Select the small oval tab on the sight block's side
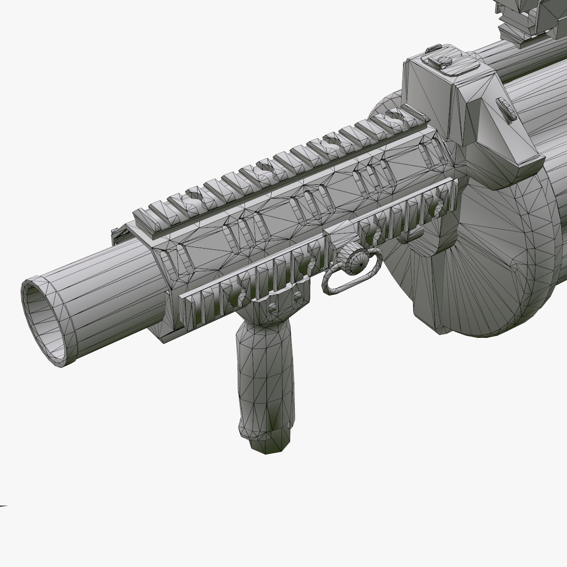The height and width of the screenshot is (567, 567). pyautogui.click(x=508, y=109)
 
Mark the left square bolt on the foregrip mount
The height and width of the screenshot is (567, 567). pyautogui.click(x=273, y=308)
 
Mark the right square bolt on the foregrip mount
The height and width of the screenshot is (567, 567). pyautogui.click(x=297, y=295)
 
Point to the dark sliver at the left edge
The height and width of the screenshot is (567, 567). pyautogui.click(x=4, y=506)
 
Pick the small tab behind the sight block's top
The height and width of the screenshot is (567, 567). pyautogui.click(x=431, y=49)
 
